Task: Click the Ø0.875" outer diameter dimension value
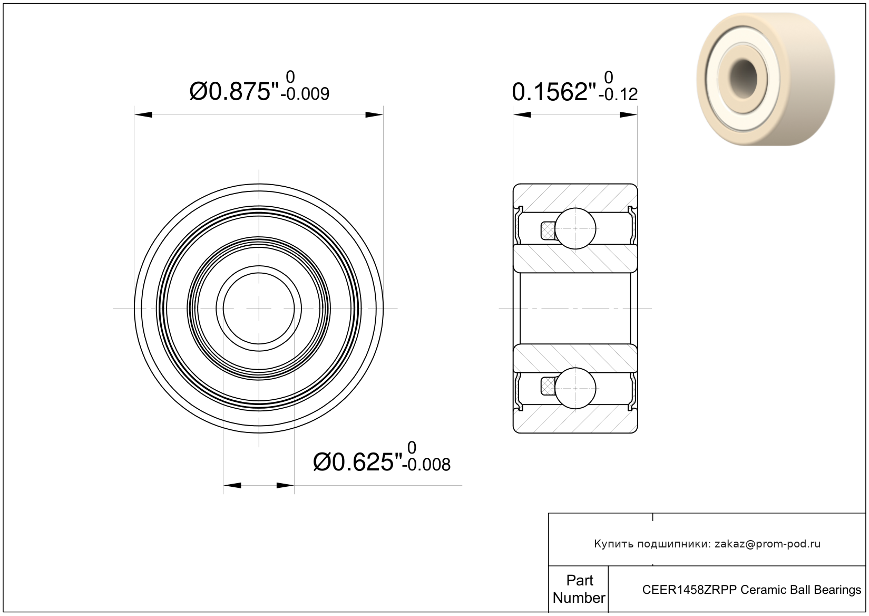coord(235,92)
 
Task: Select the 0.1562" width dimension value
coord(554,92)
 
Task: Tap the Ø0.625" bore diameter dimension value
coord(358,463)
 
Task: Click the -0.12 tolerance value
coord(618,95)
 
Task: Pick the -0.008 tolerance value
coord(426,465)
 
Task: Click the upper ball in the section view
coord(575,228)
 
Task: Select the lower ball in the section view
coord(575,388)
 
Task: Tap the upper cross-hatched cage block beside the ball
coord(548,230)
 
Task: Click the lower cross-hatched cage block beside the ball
coord(548,387)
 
